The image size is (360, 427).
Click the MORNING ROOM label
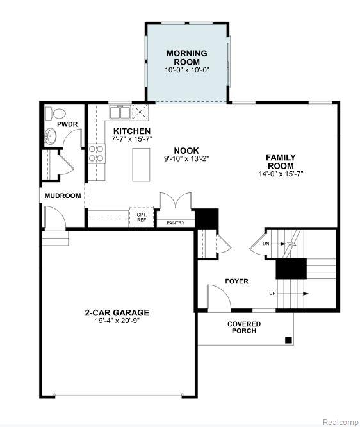186,58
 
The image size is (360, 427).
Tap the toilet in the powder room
56,113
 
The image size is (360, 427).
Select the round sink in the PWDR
51,135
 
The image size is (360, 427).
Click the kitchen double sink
120,112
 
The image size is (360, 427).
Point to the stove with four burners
97,154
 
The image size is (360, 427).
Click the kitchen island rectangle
141,165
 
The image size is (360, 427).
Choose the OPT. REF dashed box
142,216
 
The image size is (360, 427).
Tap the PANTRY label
176,222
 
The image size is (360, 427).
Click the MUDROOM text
63,196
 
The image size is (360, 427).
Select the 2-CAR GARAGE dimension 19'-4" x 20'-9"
117,321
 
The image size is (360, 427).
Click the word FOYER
237,281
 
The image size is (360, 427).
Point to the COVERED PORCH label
244,328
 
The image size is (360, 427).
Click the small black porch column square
288,340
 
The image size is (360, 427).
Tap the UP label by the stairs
272,294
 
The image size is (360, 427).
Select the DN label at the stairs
266,244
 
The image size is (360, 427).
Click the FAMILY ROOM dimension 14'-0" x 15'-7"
281,174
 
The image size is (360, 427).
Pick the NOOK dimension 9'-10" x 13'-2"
186,159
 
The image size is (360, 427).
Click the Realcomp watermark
340,422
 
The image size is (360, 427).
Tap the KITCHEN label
132,131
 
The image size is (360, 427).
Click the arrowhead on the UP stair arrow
306,294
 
